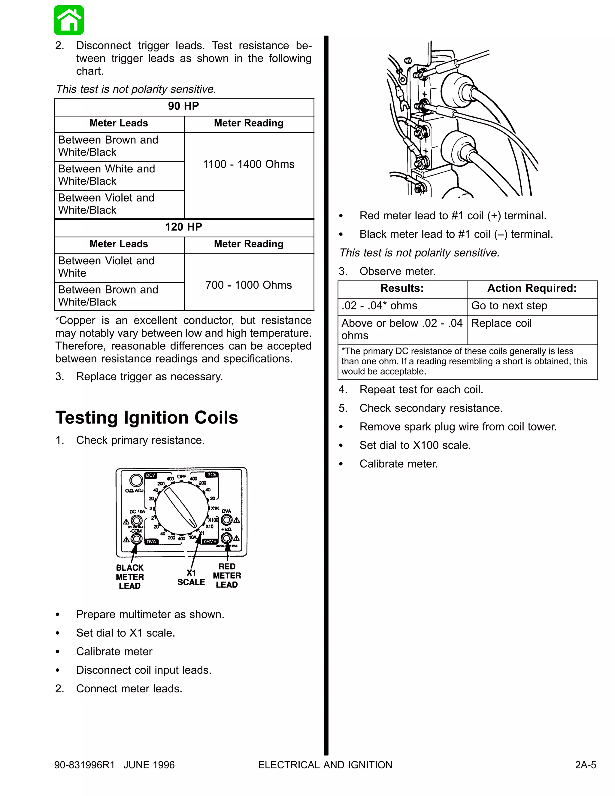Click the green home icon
point(69,20)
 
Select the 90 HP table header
point(183,106)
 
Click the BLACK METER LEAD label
point(130,577)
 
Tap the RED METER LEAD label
point(227,576)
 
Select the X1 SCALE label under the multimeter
point(191,578)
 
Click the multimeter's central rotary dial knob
point(181,508)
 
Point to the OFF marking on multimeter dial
point(181,476)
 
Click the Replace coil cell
point(501,323)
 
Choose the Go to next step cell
point(509,305)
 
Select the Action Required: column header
point(532,288)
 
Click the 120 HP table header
point(183,227)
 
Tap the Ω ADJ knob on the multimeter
point(136,480)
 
